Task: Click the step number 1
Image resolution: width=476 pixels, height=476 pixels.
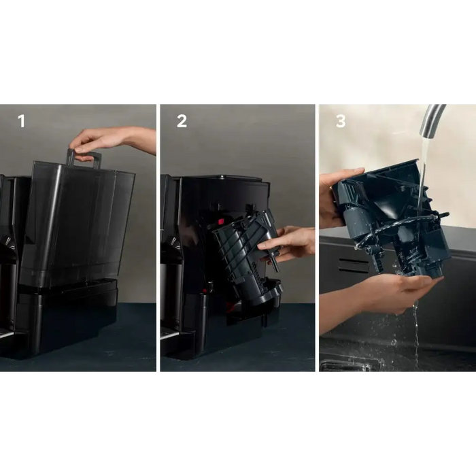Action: [21, 121]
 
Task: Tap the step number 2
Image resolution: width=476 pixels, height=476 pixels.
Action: [182, 121]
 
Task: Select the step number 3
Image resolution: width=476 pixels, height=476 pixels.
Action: [341, 121]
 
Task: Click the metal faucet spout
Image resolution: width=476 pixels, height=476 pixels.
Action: [431, 120]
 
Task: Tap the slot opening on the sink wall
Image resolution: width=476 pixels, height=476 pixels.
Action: [353, 264]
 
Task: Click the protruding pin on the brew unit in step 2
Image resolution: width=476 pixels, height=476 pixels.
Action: [274, 264]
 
